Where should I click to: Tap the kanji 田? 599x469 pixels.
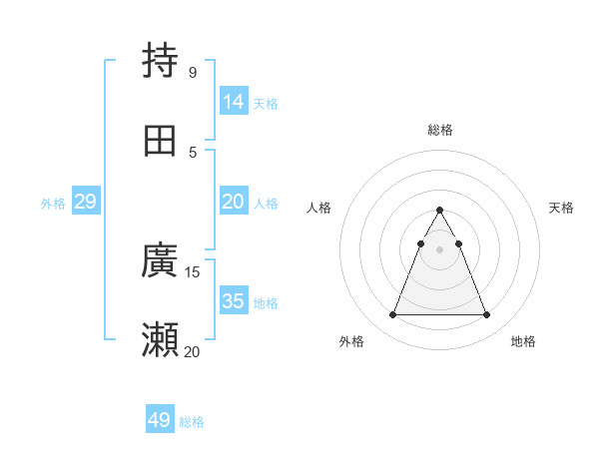[161, 141]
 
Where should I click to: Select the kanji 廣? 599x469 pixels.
[161, 261]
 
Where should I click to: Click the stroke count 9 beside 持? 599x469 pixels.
[192, 72]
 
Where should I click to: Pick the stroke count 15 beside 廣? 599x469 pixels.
[193, 271]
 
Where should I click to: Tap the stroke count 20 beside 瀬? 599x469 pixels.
[192, 351]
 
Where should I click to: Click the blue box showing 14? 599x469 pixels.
[234, 101]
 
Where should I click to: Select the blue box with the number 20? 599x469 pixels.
[234, 202]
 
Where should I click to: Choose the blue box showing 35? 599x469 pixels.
[234, 300]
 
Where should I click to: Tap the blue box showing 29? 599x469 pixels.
[86, 202]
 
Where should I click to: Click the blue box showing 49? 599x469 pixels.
[160, 420]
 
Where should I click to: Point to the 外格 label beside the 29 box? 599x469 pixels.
[53, 204]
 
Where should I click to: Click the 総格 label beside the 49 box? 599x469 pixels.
[192, 422]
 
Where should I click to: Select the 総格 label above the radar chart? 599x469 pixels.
[439, 130]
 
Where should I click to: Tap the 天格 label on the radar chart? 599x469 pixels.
[561, 208]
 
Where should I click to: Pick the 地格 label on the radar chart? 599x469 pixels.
[523, 341]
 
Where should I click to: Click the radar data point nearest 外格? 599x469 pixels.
[392, 315]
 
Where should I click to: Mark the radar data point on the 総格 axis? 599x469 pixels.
[439, 211]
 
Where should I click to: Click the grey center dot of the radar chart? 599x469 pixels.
[439, 249]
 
